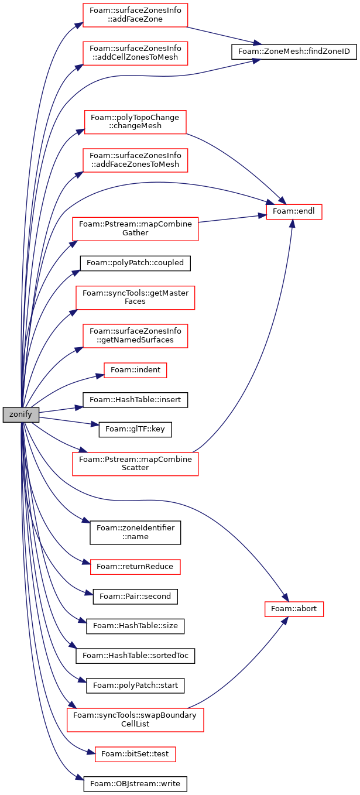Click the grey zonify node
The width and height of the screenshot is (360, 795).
(20, 414)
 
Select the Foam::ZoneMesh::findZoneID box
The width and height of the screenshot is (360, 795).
(294, 52)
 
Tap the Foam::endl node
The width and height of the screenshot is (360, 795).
(294, 211)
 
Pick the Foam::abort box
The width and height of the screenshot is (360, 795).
(294, 609)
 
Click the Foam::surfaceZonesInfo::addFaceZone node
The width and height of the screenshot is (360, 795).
(135, 15)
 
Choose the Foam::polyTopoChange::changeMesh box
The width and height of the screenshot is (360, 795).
(135, 122)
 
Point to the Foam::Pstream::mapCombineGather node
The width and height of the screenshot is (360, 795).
(135, 229)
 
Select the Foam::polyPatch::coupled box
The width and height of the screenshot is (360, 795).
(135, 263)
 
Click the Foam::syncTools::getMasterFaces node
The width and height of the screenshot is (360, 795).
(135, 297)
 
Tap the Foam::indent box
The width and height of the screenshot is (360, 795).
(135, 370)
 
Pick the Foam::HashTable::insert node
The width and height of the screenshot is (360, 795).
(135, 400)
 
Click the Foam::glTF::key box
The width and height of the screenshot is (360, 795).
(135, 430)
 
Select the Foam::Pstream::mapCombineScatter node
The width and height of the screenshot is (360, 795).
(135, 464)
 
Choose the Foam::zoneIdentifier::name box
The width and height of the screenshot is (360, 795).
(135, 532)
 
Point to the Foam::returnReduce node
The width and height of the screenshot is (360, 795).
(135, 567)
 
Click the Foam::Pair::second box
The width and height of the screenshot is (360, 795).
(135, 596)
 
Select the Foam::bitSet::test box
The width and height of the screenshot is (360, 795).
(135, 754)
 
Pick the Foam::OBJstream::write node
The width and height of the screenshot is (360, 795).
(135, 784)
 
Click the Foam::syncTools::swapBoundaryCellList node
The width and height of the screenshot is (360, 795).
(135, 719)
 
